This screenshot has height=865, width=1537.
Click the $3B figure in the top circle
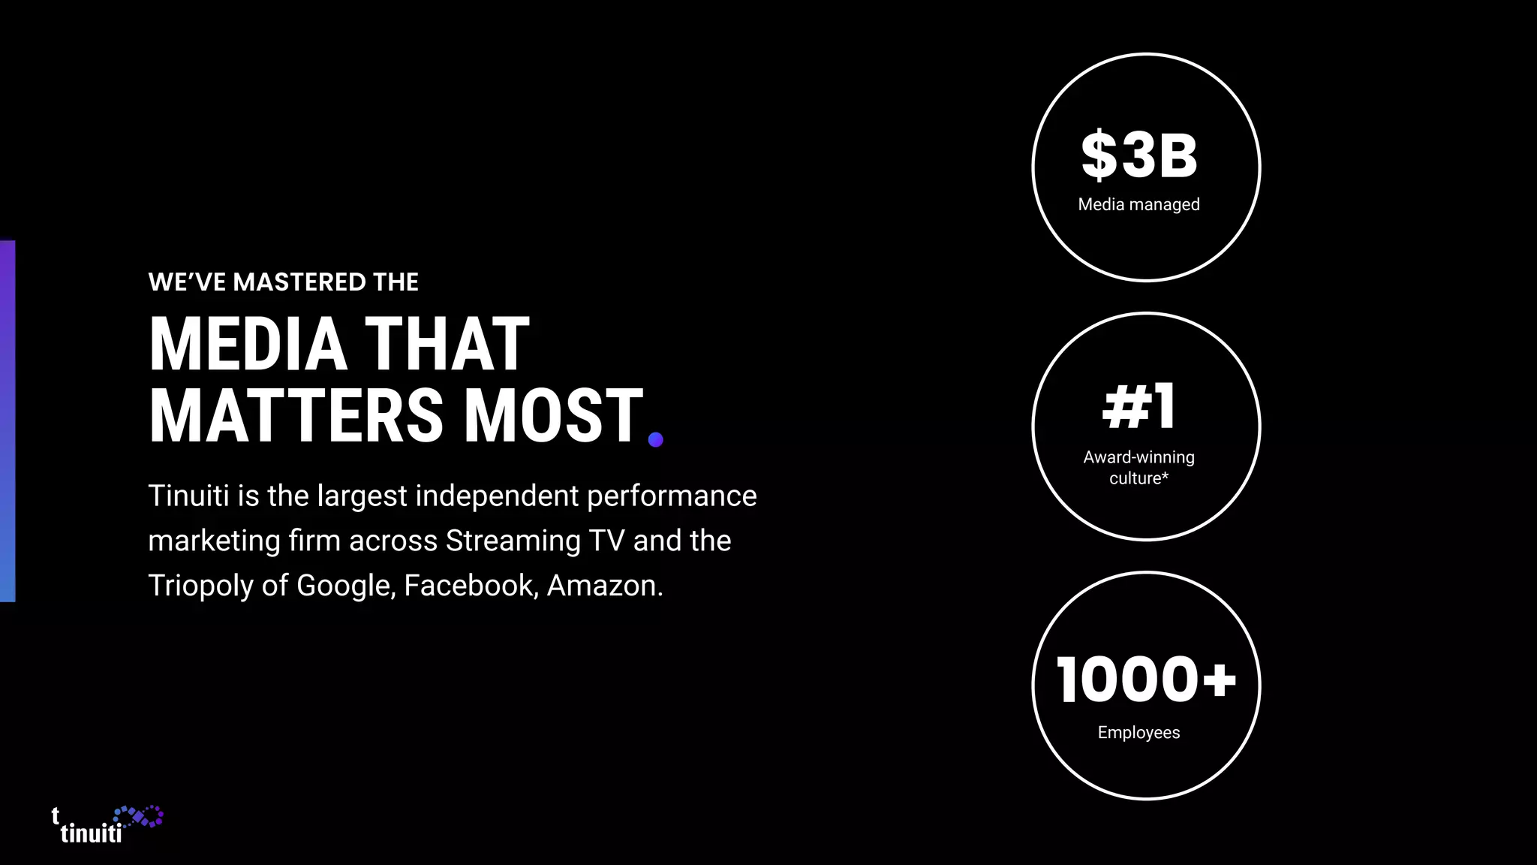tap(1138, 155)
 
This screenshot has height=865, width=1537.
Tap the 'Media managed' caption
tap(1138, 204)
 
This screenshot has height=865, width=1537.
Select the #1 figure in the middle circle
tap(1138, 406)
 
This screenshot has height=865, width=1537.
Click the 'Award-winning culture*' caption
tap(1138, 467)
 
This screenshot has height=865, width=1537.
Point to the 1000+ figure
tap(1145, 680)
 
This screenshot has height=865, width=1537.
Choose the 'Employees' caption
tap(1138, 732)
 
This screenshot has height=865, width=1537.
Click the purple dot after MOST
tap(655, 439)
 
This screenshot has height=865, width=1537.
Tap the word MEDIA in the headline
tap(248, 345)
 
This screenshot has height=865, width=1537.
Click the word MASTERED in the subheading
tap(300, 282)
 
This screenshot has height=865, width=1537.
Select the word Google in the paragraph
tap(345, 586)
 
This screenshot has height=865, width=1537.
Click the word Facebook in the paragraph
tap(471, 586)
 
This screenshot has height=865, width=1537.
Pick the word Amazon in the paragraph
tap(604, 586)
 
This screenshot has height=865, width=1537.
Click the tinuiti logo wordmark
tap(90, 833)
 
